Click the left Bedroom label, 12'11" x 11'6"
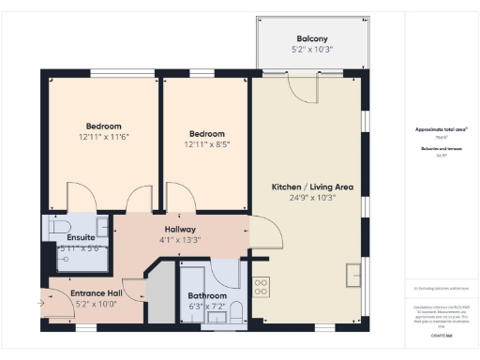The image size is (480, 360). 104,126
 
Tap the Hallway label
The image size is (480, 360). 179,230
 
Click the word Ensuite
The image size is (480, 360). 81,237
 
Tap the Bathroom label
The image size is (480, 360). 207,295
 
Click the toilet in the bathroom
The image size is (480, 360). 236,311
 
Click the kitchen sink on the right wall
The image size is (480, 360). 353,275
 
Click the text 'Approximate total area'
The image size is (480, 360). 441,128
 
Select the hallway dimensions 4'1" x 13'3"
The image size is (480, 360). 179,241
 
